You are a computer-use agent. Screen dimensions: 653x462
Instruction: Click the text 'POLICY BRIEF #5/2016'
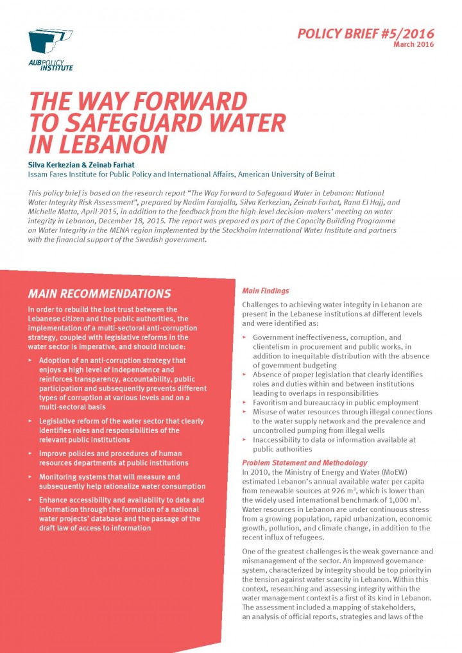pos(366,33)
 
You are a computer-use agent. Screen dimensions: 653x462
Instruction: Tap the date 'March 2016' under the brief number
pos(413,45)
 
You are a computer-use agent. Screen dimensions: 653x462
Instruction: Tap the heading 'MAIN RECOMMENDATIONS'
pos(99,294)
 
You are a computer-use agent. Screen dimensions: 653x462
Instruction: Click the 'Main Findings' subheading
pos(265,291)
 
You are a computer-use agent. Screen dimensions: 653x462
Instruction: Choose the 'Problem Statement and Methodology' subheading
pos(305,462)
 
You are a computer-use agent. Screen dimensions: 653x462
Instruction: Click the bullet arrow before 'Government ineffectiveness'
pos(244,337)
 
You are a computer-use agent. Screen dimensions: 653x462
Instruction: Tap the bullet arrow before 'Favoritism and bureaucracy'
pos(244,403)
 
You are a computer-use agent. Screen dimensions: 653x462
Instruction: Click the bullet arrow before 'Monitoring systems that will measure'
pos(30,477)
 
